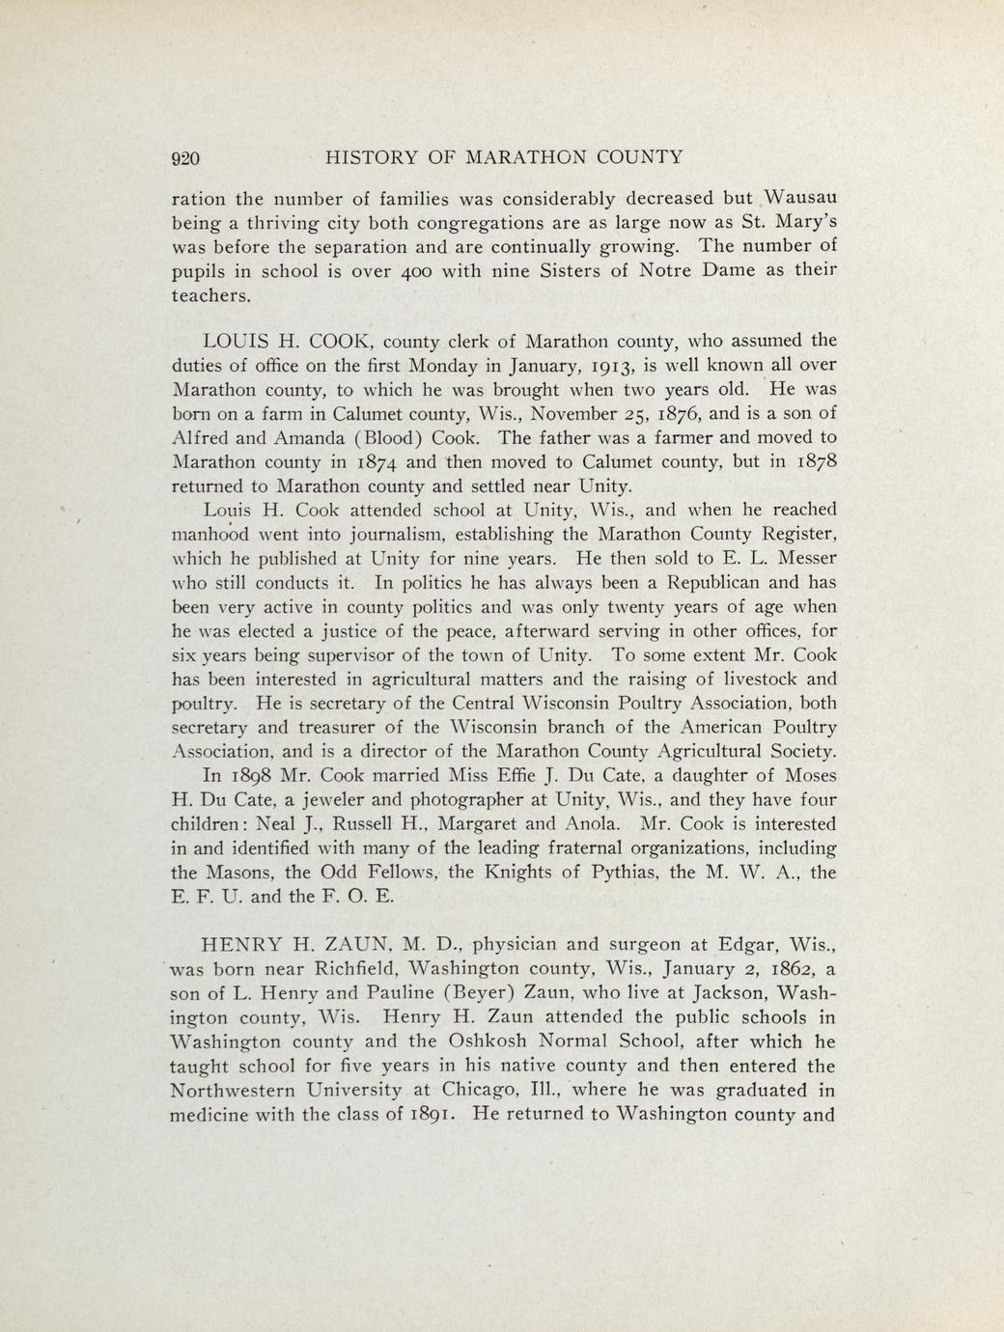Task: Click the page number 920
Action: tap(184, 157)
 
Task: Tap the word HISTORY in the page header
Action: tap(374, 157)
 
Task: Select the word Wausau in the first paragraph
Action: tap(796, 198)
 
